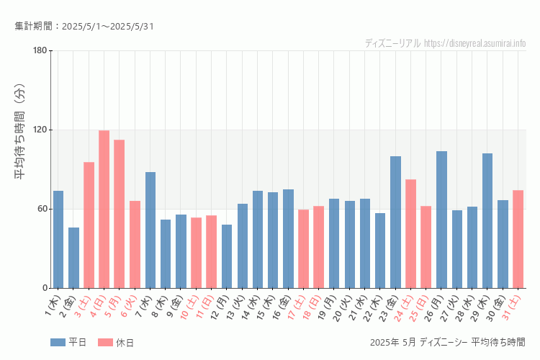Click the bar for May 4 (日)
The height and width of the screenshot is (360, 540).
(x=104, y=209)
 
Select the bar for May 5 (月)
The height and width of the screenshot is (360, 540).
(x=120, y=214)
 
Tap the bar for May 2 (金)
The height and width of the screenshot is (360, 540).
(x=73, y=258)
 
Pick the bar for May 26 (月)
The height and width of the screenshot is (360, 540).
(x=441, y=220)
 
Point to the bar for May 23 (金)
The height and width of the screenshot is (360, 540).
(x=395, y=222)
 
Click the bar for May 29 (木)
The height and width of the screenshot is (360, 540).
(x=487, y=220)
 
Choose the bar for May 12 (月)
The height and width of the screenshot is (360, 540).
(x=227, y=256)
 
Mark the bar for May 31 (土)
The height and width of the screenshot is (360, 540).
(x=518, y=239)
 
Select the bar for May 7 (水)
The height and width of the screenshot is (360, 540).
(x=150, y=230)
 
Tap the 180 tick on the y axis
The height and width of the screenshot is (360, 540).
(x=40, y=50)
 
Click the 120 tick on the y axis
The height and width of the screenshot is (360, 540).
(x=40, y=130)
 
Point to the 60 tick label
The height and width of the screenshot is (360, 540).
(x=42, y=209)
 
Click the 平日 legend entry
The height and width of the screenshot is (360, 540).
(x=68, y=342)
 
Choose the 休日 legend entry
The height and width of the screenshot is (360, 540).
(x=116, y=342)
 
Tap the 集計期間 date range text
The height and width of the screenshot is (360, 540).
(x=84, y=27)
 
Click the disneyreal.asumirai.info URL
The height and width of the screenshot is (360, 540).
(x=474, y=43)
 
